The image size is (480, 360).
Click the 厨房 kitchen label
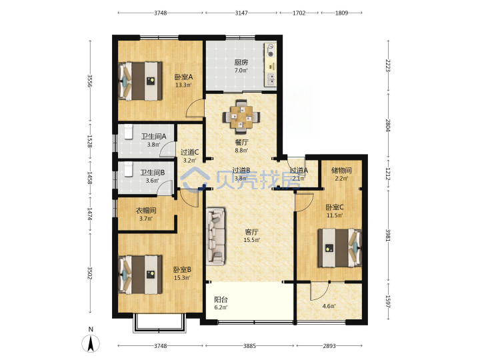(x=241, y=63)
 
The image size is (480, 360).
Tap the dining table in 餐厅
(x=241, y=116)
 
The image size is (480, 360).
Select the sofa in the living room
(x=216, y=236)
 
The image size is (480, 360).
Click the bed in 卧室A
(x=141, y=81)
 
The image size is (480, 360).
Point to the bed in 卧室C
(x=340, y=248)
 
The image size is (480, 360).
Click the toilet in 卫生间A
(x=129, y=132)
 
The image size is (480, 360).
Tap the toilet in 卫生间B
(x=128, y=169)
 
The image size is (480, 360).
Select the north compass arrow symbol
(x=91, y=343)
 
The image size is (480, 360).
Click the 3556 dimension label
(x=89, y=81)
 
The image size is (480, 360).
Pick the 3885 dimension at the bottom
(x=249, y=346)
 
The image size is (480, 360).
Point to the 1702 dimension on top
(x=299, y=13)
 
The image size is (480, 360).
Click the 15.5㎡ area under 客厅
(x=251, y=240)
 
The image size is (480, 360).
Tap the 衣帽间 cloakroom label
(x=146, y=211)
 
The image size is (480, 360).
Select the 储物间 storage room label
(x=341, y=170)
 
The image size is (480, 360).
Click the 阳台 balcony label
(x=221, y=300)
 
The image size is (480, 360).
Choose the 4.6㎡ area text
(x=329, y=306)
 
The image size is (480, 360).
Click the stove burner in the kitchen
(x=271, y=51)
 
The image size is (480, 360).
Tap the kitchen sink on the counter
(x=271, y=79)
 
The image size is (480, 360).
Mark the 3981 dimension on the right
(x=387, y=235)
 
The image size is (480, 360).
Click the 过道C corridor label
(x=189, y=152)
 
